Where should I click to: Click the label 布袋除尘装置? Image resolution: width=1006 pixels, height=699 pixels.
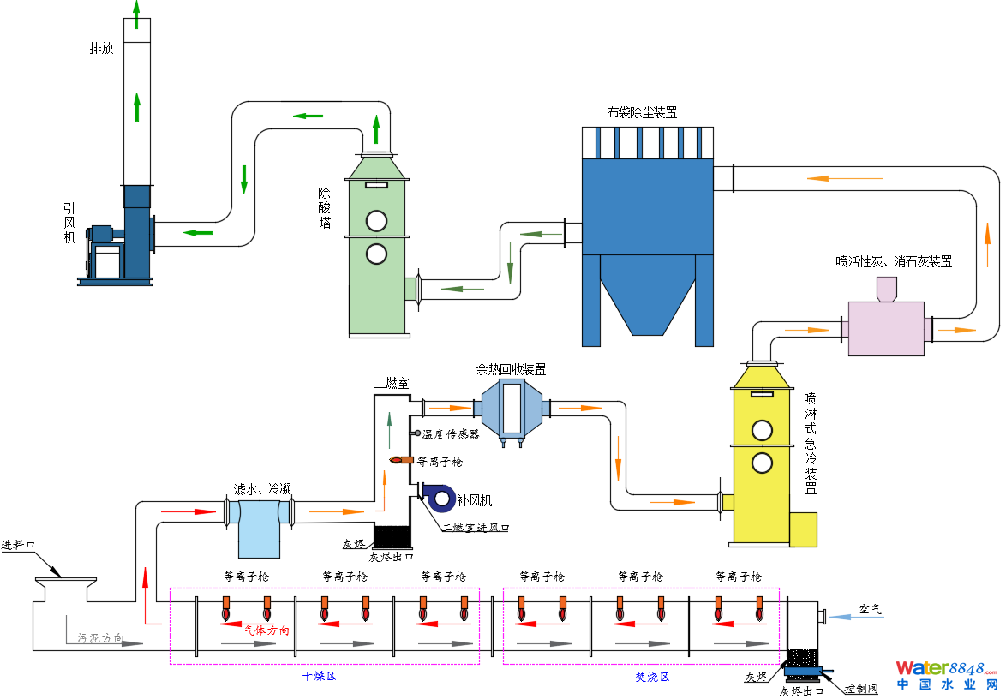tap(641, 112)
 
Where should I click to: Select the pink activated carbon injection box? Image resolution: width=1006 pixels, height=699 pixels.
tap(886, 328)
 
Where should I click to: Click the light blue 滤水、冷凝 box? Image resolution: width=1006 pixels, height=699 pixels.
tap(259, 529)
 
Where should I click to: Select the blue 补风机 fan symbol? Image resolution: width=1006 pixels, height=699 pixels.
tap(440, 497)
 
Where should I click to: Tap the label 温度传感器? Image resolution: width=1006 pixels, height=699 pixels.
tap(451, 434)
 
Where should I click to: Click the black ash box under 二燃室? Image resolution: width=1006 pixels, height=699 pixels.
tap(392, 536)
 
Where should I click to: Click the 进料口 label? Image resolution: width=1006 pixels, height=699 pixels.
tap(18, 545)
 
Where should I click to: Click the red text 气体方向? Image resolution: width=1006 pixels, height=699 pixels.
tap(266, 630)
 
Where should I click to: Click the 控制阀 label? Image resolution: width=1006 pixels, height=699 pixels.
tap(861, 688)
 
